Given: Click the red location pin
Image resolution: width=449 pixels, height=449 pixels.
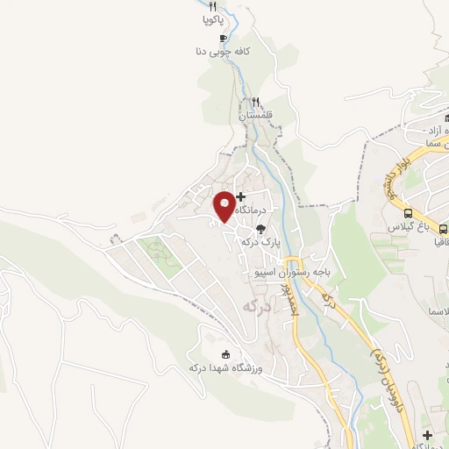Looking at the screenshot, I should [x=224, y=205].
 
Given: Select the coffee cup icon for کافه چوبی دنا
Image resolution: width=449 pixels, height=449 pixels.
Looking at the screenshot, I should [x=223, y=38].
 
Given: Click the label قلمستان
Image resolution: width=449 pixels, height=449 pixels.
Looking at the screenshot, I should [x=256, y=115].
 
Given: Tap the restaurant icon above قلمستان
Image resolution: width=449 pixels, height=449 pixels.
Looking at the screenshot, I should [x=256, y=102].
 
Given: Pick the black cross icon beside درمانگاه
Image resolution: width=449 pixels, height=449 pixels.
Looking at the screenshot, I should [x=241, y=196].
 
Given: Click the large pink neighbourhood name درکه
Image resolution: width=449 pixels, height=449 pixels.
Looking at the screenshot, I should [x=255, y=307].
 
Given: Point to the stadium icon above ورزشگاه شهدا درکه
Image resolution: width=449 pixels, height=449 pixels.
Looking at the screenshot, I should [x=226, y=354].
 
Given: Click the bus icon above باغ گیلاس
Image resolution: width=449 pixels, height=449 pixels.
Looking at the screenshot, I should [x=408, y=213].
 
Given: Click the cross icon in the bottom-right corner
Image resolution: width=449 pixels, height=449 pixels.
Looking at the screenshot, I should [x=427, y=436].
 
